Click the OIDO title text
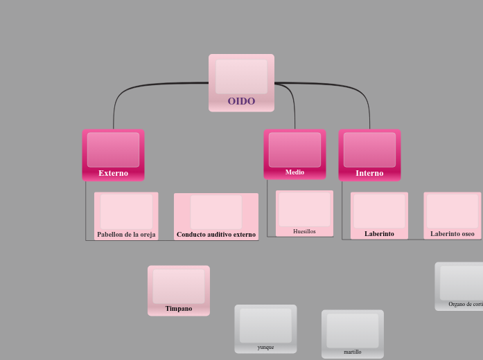(x=241, y=101)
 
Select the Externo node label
(x=113, y=173)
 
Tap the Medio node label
(x=295, y=172)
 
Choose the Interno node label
(x=369, y=173)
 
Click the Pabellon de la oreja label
(x=126, y=234)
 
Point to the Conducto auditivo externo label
(x=216, y=234)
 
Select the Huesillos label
(x=304, y=231)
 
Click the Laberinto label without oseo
(x=379, y=233)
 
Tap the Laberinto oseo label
(x=453, y=233)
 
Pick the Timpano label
(x=179, y=308)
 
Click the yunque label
(x=265, y=347)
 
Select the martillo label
(x=353, y=352)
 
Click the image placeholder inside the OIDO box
(x=241, y=76)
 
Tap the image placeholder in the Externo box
(x=113, y=150)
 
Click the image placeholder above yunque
(x=265, y=325)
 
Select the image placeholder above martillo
(x=353, y=330)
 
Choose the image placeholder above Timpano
(x=179, y=286)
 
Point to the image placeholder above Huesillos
(x=304, y=209)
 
